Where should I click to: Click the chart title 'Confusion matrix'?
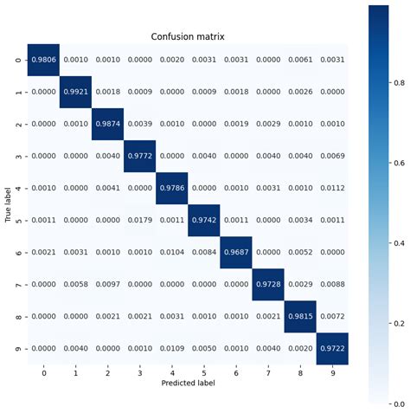click(187, 35)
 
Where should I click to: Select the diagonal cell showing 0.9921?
click(75, 91)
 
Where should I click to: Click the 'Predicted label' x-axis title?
click(189, 382)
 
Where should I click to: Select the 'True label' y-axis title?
click(8, 204)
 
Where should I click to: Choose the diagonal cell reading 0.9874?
click(107, 123)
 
